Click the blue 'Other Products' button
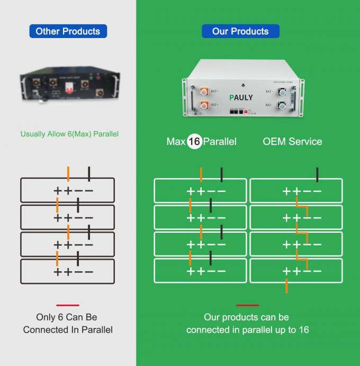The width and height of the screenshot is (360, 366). point(68,31)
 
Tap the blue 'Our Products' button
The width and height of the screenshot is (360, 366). point(240,31)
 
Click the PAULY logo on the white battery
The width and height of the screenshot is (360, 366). point(241,97)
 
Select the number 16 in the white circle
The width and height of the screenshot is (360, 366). point(194,142)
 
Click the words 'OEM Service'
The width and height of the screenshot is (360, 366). point(292,142)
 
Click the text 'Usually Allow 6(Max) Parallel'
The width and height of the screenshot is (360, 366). point(69,134)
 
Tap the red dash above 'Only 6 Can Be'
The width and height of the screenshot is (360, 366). point(68,305)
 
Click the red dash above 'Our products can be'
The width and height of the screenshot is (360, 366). point(247,305)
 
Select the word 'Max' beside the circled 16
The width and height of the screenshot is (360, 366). point(176,142)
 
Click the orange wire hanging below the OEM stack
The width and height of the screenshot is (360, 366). point(286,286)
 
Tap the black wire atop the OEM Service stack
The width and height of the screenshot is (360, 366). point(317,174)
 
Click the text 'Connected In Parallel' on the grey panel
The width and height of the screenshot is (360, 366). point(68,330)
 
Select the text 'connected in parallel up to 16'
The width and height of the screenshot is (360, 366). point(247,330)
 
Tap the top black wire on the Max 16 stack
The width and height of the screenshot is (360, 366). point(221,174)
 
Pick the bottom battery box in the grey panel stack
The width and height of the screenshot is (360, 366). point(67,271)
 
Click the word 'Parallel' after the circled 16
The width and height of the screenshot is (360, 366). point(220,142)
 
